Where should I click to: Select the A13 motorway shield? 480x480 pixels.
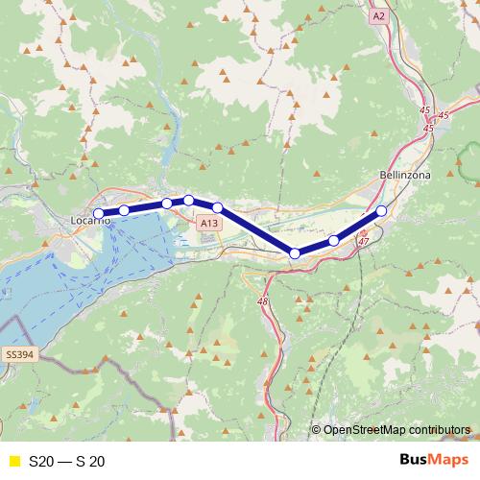[209, 223]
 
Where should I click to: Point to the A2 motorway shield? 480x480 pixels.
[379, 16]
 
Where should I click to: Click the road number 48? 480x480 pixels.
[262, 301]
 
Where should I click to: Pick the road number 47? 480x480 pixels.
[363, 242]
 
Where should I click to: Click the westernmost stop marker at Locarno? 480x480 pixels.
[98, 214]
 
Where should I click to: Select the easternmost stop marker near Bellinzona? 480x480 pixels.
[381, 210]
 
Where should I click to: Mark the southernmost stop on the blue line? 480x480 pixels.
[295, 252]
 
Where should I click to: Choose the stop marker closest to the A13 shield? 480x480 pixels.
[218, 207]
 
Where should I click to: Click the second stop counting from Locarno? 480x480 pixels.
[124, 210]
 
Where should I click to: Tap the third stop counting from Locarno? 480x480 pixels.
[167, 204]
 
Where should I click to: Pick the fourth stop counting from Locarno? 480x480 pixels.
[189, 200]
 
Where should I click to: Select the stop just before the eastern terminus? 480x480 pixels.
[333, 240]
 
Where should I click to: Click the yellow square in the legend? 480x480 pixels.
[12, 461]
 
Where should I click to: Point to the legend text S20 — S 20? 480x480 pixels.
[67, 461]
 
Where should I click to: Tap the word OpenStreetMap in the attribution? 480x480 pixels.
[364, 430]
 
